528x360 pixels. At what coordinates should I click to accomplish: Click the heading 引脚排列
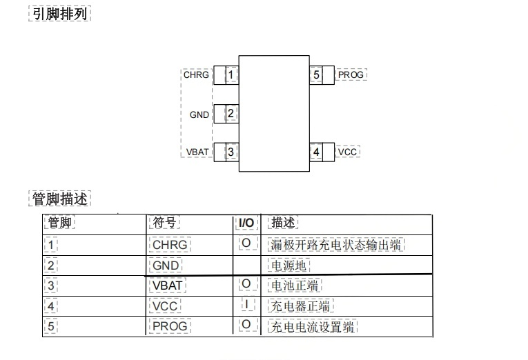click(60, 14)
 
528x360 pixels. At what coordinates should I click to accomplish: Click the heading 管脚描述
click(60, 199)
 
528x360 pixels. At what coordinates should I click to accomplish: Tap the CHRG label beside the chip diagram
click(196, 74)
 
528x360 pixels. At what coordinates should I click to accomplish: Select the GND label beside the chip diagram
click(199, 114)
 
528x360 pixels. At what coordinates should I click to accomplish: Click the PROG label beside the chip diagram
click(351, 74)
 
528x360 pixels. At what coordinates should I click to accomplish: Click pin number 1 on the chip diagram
click(231, 74)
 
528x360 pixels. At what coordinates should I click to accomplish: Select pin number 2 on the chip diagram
click(231, 113)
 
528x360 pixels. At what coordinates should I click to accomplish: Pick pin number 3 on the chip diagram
click(231, 152)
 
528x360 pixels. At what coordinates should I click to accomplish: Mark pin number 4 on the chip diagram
click(316, 152)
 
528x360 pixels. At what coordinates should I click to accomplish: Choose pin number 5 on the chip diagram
click(316, 74)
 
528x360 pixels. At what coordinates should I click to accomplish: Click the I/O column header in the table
click(245, 223)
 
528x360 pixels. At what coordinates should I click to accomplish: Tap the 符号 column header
click(164, 223)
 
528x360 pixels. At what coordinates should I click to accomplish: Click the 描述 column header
click(283, 223)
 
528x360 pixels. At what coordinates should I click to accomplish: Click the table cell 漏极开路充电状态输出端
click(335, 244)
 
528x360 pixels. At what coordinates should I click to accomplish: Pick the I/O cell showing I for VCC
click(245, 304)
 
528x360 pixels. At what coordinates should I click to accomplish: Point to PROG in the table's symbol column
click(169, 326)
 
